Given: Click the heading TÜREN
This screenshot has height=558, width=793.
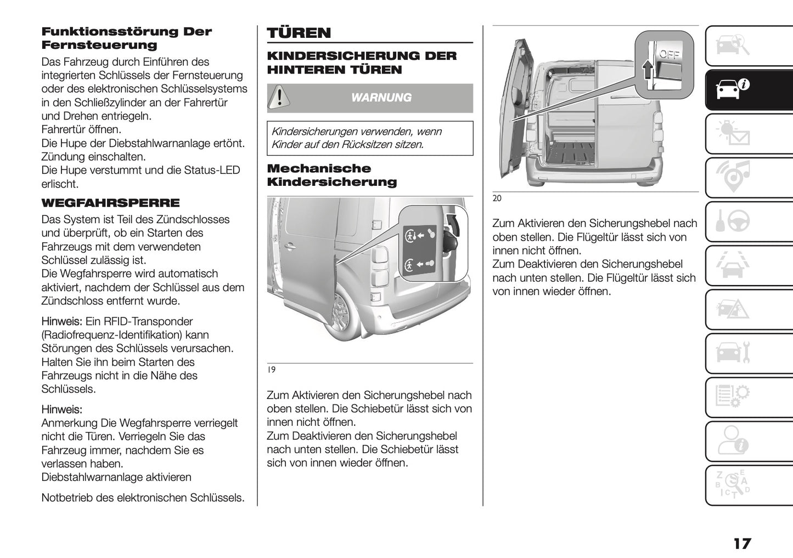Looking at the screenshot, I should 299,33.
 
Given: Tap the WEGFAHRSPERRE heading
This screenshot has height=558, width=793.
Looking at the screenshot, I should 110,203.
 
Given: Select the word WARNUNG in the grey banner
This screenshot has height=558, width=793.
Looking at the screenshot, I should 381,98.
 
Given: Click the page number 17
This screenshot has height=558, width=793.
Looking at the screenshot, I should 741,544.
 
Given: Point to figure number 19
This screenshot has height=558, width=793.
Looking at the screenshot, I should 271,370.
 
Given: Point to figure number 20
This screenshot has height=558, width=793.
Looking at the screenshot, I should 497,199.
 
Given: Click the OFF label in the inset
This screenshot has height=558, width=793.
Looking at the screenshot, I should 669,54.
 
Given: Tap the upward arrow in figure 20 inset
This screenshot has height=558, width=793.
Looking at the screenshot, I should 648,70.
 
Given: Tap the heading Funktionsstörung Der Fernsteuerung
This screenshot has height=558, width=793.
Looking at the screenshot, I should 126,38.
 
